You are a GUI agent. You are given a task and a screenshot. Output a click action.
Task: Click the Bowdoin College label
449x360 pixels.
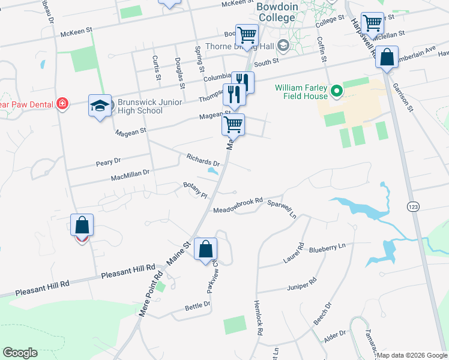pyautogui.click(x=276, y=12)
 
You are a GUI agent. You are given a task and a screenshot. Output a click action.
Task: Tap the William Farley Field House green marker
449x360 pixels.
pyautogui.click(x=337, y=91)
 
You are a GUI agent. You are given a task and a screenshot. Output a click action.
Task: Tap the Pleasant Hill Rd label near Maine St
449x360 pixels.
pyautogui.click(x=128, y=272)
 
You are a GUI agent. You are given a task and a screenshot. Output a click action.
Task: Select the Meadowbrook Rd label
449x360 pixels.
pyautogui.click(x=238, y=205)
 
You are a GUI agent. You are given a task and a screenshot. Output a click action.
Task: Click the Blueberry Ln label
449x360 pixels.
pyautogui.click(x=328, y=246)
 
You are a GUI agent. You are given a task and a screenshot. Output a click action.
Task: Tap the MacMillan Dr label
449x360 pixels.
pyautogui.click(x=130, y=175)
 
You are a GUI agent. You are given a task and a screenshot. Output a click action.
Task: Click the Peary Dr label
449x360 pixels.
pyautogui.click(x=109, y=161)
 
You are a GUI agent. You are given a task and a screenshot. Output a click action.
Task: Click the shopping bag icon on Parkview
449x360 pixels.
pyautogui.click(x=206, y=248)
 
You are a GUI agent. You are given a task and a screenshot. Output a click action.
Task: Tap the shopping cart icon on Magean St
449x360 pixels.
pyautogui.click(x=233, y=125)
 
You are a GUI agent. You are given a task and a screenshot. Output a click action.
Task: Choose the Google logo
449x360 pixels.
pyautogui.click(x=20, y=353)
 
